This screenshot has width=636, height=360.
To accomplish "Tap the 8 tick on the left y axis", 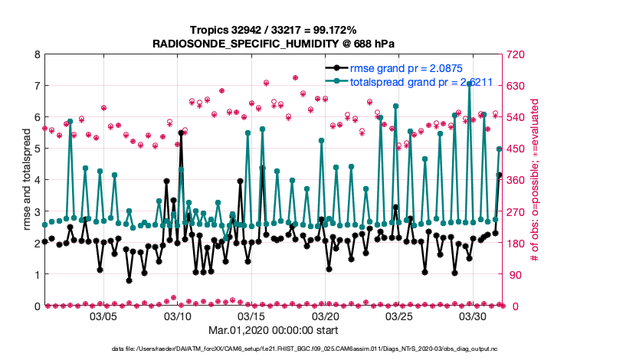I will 37,54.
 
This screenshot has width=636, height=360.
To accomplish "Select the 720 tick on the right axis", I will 519,54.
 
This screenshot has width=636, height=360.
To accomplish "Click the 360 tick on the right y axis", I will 519,180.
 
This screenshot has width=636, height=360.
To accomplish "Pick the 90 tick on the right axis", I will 516,274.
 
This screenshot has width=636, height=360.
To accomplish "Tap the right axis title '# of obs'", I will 536,180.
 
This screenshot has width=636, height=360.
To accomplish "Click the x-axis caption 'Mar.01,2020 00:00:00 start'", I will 274,330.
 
